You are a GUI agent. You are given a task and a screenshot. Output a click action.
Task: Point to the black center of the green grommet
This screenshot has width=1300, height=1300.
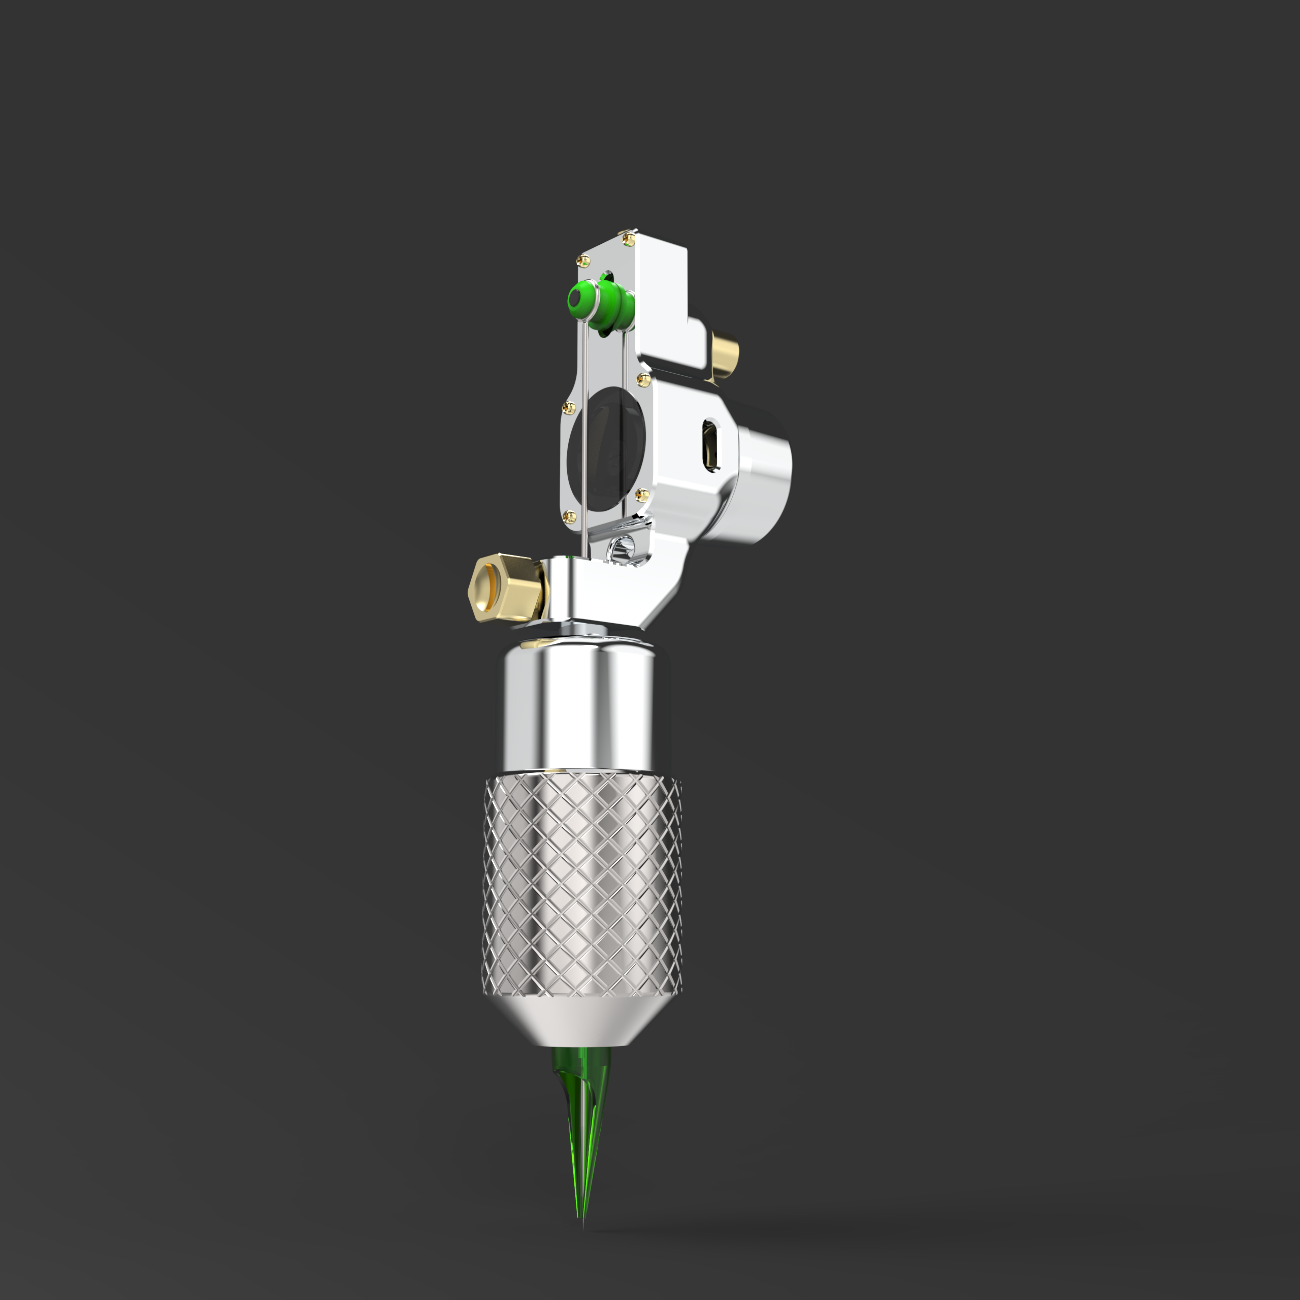(576, 297)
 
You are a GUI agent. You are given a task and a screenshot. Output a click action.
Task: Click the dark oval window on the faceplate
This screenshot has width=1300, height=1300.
(603, 449)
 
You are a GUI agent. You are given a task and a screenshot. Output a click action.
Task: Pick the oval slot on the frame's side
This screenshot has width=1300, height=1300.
(710, 444)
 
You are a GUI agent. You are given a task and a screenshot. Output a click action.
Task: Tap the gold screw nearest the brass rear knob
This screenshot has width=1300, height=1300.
(642, 381)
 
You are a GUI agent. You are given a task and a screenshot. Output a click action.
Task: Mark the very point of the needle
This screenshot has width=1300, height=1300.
(582, 1226)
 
